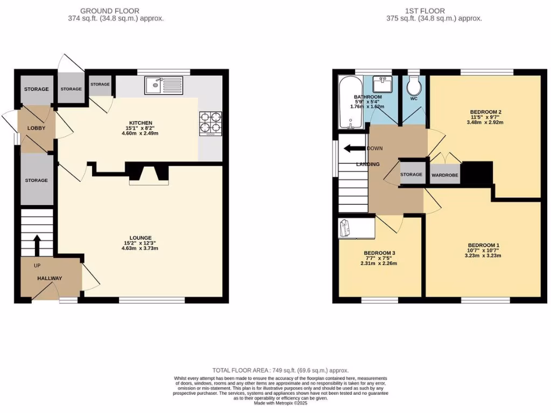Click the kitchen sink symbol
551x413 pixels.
[164, 85]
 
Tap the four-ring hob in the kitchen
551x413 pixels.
[210, 122]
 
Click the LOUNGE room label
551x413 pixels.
[140, 238]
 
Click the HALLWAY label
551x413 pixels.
[50, 278]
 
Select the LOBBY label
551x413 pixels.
[36, 128]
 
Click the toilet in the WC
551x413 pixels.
[414, 86]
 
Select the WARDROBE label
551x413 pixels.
[444, 175]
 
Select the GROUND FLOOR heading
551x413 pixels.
[110, 11]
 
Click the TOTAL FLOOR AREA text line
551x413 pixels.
[280, 371]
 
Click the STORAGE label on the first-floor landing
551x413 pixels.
[411, 175]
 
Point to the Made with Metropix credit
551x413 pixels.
[280, 403]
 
